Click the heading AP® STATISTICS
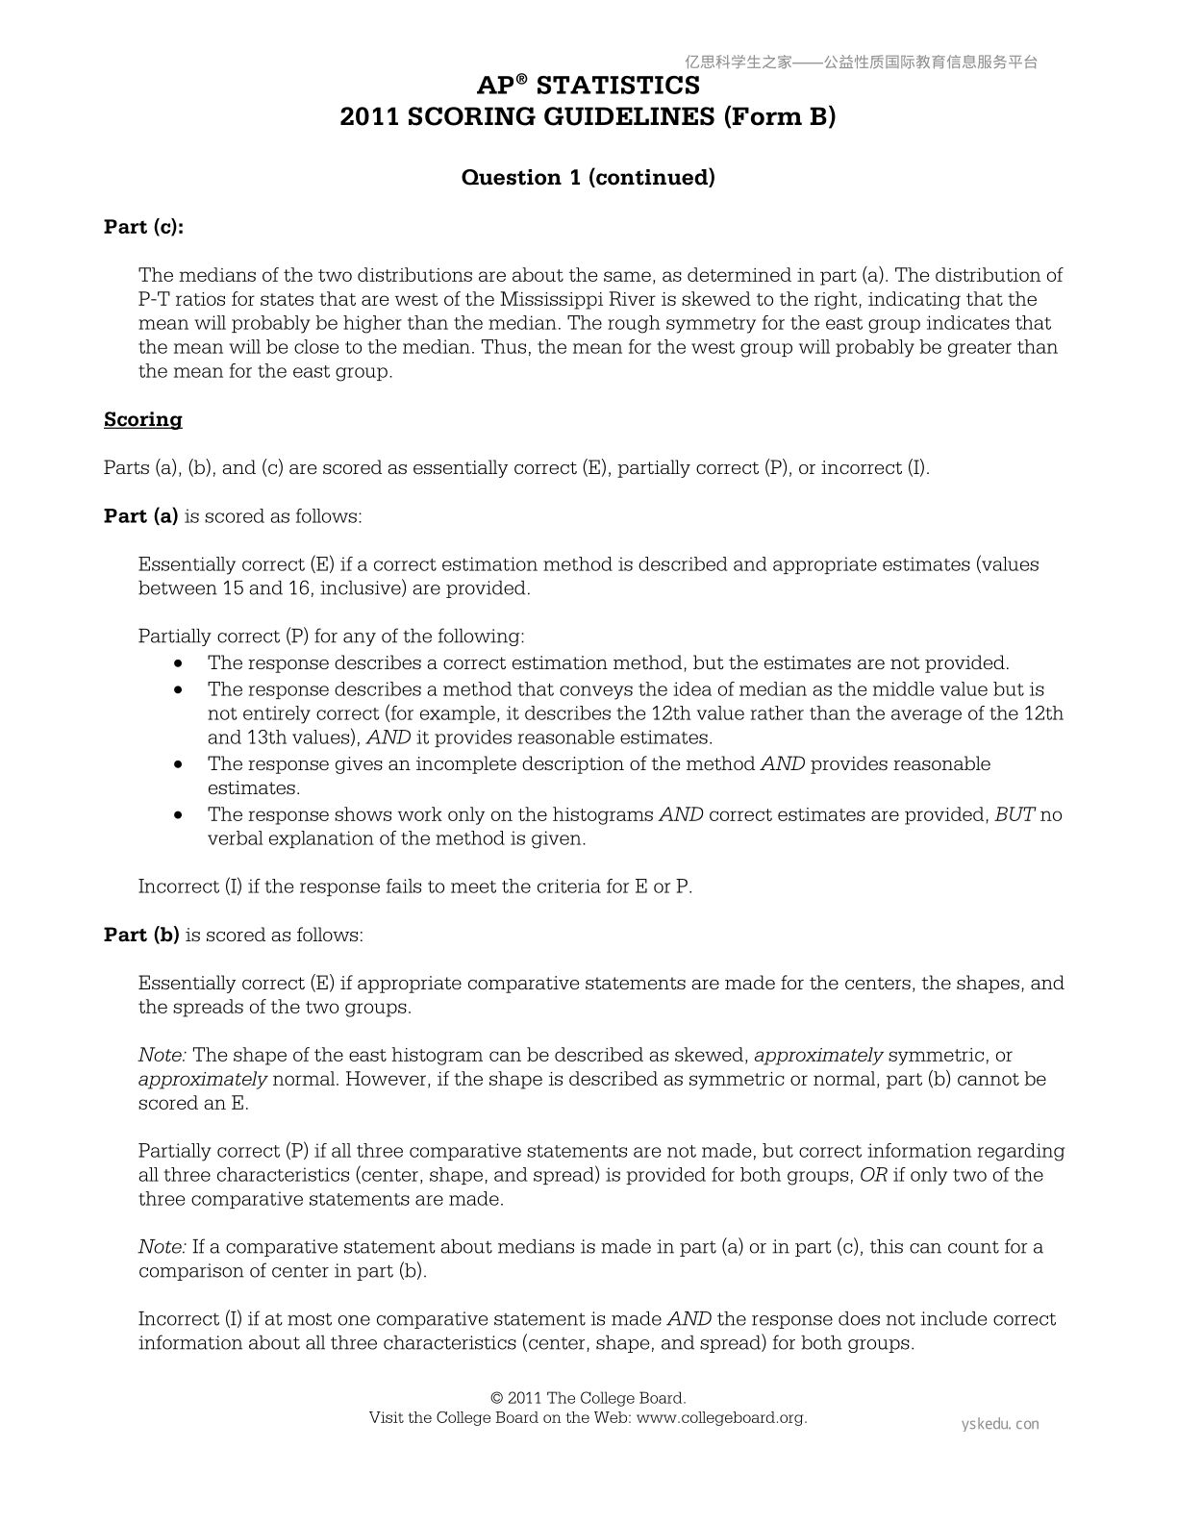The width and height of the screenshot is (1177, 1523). click(x=588, y=87)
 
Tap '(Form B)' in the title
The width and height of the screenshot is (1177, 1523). click(x=780, y=117)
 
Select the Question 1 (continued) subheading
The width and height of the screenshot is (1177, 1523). click(x=588, y=178)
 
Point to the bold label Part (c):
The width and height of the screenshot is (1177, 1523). click(x=143, y=227)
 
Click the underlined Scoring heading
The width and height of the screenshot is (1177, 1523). click(x=142, y=420)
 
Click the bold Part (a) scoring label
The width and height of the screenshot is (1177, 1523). click(x=140, y=516)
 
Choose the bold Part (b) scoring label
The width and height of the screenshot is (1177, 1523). click(x=141, y=936)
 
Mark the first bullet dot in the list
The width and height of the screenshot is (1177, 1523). click(x=179, y=663)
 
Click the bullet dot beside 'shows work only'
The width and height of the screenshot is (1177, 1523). click(x=179, y=815)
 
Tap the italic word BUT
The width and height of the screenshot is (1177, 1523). click(x=1014, y=815)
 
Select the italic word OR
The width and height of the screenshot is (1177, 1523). click(x=873, y=1175)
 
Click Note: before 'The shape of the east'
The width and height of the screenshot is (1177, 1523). click(x=163, y=1056)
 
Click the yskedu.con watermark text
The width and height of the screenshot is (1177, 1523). click(x=1000, y=1425)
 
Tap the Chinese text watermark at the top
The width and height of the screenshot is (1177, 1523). click(x=862, y=62)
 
